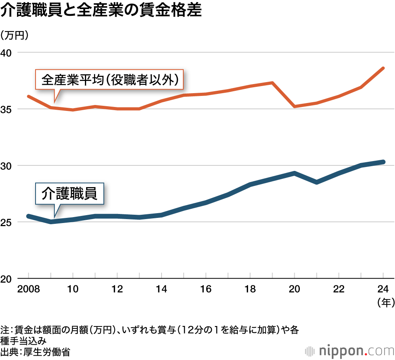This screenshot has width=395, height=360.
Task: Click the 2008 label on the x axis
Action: (x=28, y=289)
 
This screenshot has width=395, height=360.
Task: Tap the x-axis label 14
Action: (x=162, y=289)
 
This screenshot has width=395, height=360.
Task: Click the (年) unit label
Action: (x=384, y=302)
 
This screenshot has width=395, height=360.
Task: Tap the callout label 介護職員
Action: (x=69, y=193)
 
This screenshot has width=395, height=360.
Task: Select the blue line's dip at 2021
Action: (x=317, y=182)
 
